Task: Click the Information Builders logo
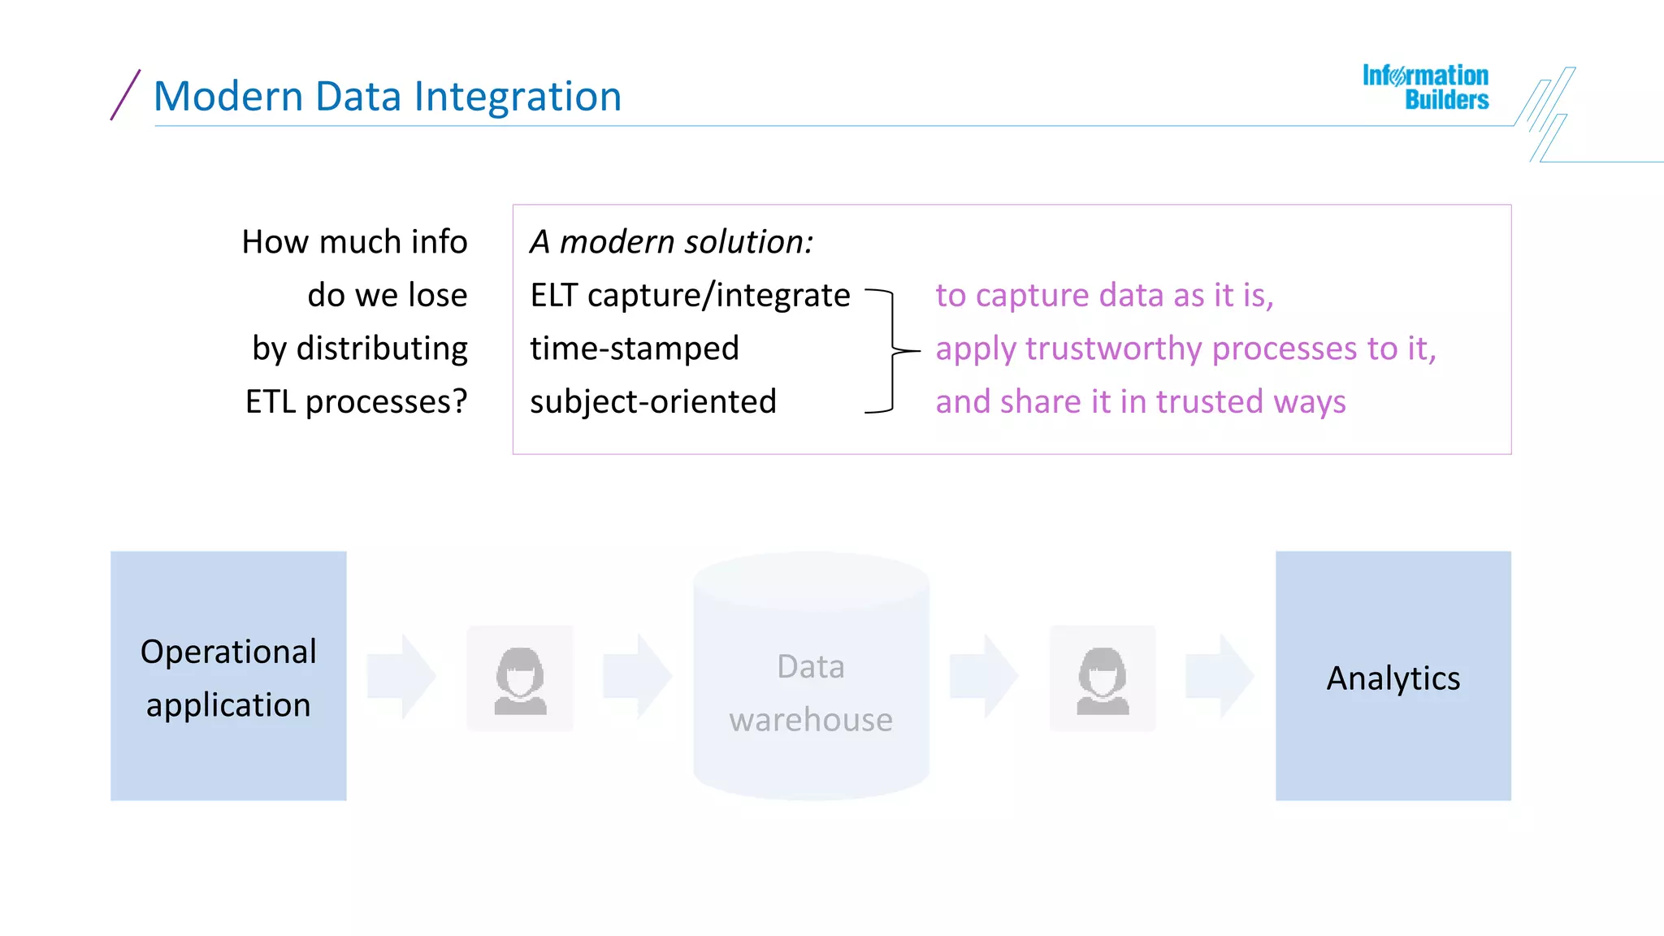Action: click(1426, 88)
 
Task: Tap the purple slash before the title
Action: click(125, 95)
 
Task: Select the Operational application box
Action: click(228, 676)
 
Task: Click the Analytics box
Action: click(1393, 676)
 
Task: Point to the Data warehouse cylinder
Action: click(811, 676)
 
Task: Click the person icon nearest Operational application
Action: click(520, 679)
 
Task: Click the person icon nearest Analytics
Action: click(1103, 679)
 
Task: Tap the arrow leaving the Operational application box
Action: click(401, 676)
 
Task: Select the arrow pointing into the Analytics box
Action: click(1220, 676)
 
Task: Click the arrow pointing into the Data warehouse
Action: click(637, 676)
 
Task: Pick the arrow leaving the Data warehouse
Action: click(984, 676)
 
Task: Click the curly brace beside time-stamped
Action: click(893, 351)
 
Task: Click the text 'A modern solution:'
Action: click(671, 242)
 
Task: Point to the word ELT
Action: click(553, 296)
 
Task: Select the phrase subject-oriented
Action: click(653, 402)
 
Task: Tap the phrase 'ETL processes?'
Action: click(357, 402)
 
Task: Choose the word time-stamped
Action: click(635, 349)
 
